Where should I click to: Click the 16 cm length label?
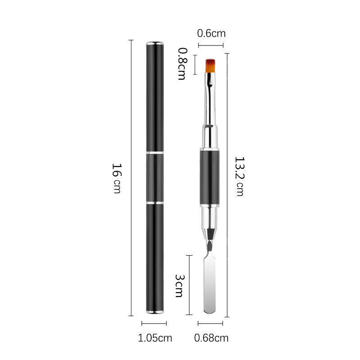coord(116,178)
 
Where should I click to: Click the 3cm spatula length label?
coord(179,284)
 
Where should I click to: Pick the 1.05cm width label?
coord(155,338)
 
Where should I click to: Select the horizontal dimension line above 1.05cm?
coord(154,323)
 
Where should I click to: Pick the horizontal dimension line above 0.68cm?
coord(211,323)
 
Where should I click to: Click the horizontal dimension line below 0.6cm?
coord(211,45)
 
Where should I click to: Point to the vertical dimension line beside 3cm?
coord(191,284)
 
